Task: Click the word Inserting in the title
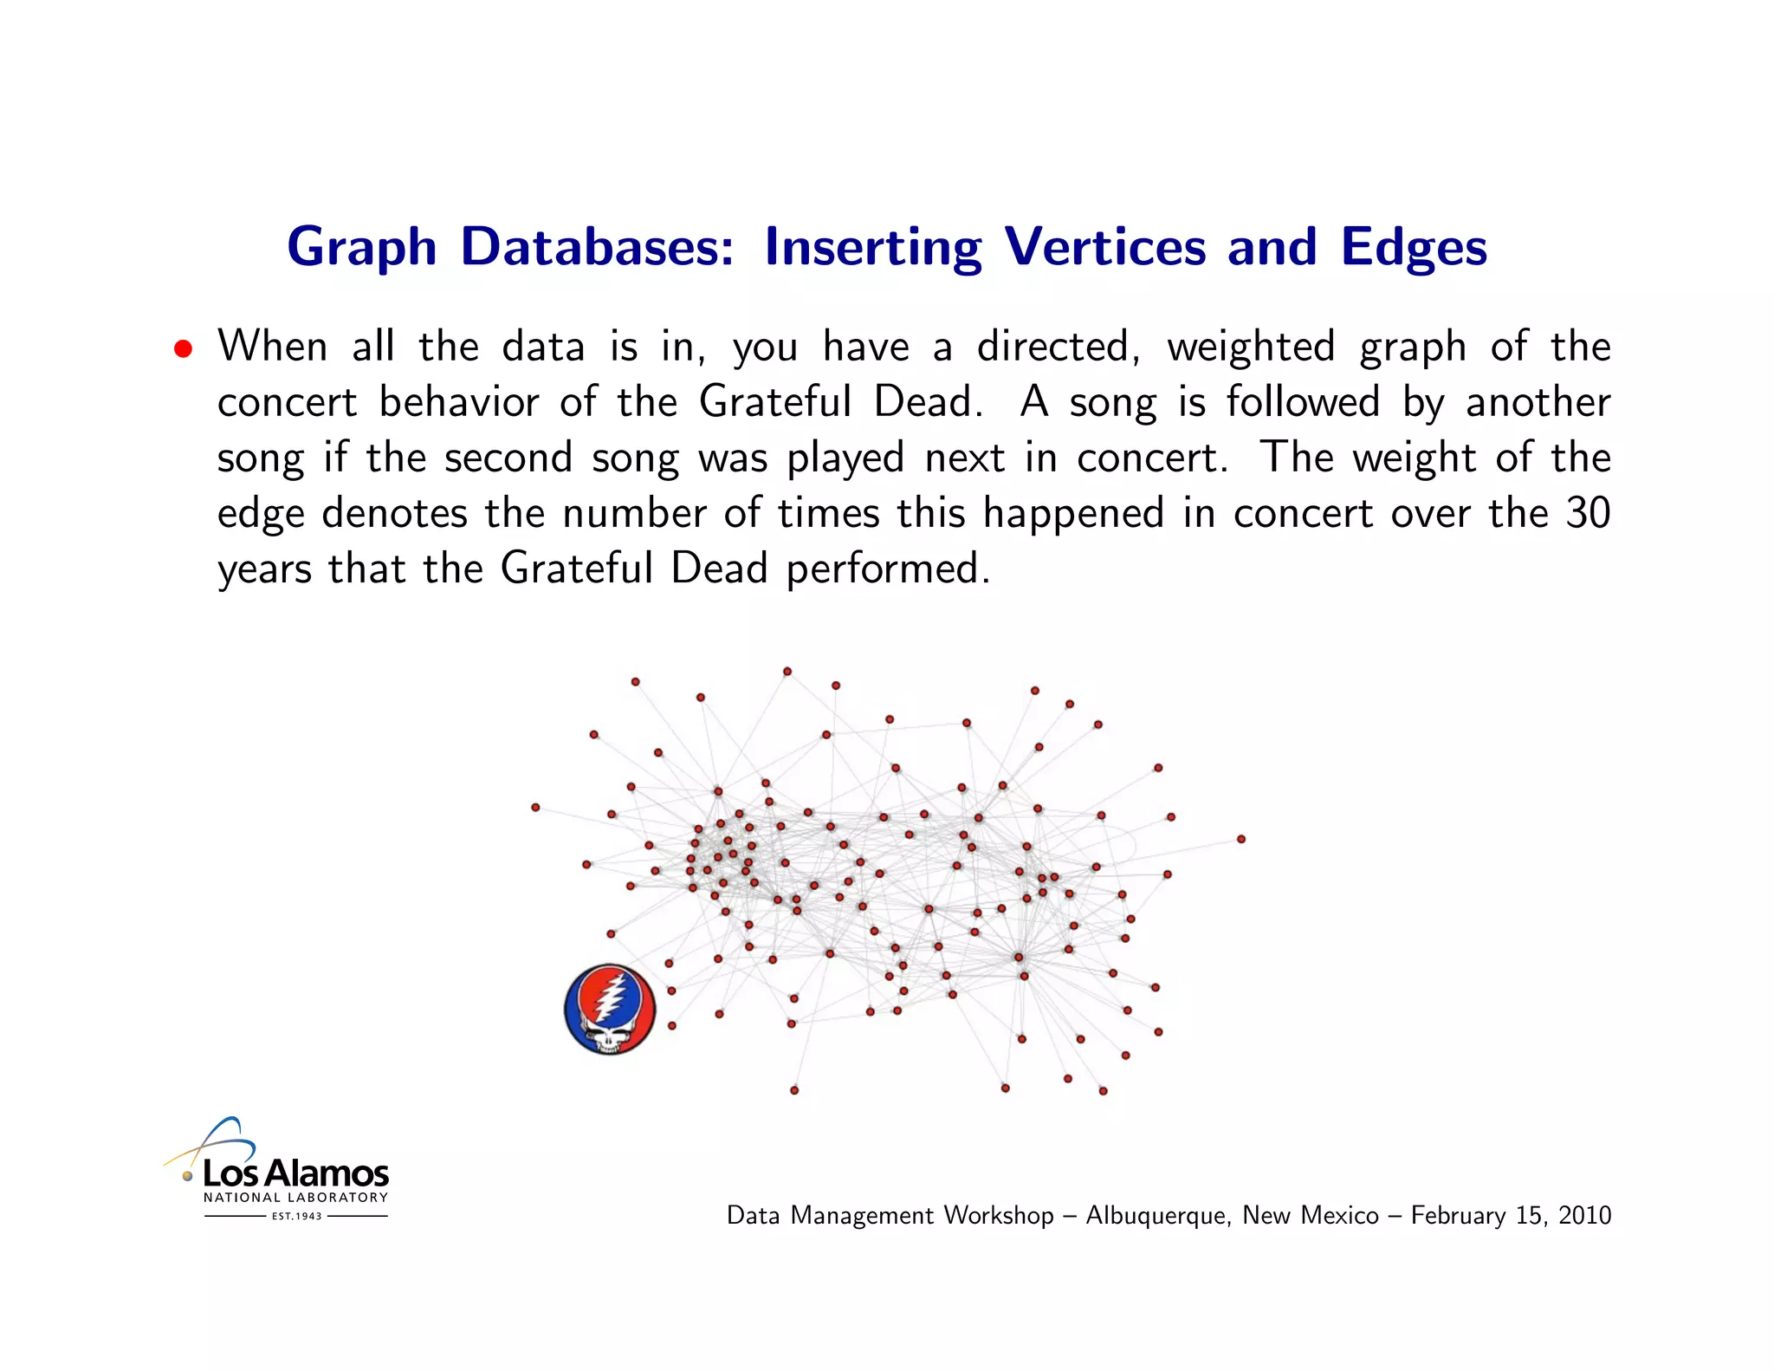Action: tap(872, 248)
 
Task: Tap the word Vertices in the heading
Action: tap(1104, 247)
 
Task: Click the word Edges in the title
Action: tap(1414, 248)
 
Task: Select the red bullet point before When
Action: tap(182, 349)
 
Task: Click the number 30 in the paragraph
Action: tap(1588, 513)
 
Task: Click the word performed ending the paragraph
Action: tap(887, 569)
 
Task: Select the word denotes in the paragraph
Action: tap(394, 513)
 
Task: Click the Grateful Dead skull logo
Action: tap(610, 1010)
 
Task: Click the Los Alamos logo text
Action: tap(295, 1173)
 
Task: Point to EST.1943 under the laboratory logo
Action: tap(296, 1216)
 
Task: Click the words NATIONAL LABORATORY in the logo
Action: tap(295, 1198)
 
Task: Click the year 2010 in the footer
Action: tap(1584, 1215)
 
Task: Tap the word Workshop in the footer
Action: tap(998, 1215)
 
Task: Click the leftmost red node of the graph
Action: tap(535, 808)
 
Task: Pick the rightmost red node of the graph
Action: tap(1241, 839)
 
